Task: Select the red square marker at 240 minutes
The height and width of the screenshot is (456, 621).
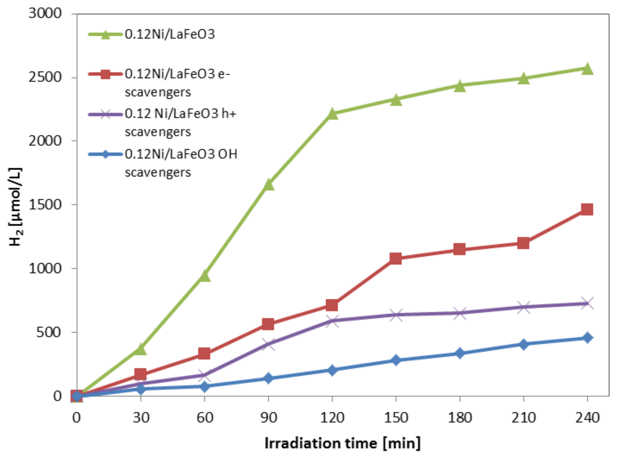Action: coord(587,209)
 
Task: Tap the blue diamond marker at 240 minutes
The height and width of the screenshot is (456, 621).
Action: coord(587,338)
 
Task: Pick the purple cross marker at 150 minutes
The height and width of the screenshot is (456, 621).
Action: coord(396,315)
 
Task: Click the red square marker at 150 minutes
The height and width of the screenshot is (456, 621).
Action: coord(396,258)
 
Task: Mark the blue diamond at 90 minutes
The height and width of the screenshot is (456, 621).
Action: coord(268,378)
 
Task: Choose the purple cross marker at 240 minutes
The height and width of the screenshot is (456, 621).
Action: coord(587,304)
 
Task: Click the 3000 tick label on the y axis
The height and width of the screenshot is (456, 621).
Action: coord(45,13)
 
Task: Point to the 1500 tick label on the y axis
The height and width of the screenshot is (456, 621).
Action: coord(45,205)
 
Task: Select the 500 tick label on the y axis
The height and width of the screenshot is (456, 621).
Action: coord(48,332)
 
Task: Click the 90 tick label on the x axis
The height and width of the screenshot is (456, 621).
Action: coord(268,418)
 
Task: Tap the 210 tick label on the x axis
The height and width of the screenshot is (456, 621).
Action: coord(523,418)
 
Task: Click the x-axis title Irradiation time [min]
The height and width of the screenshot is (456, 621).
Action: coord(342,443)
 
